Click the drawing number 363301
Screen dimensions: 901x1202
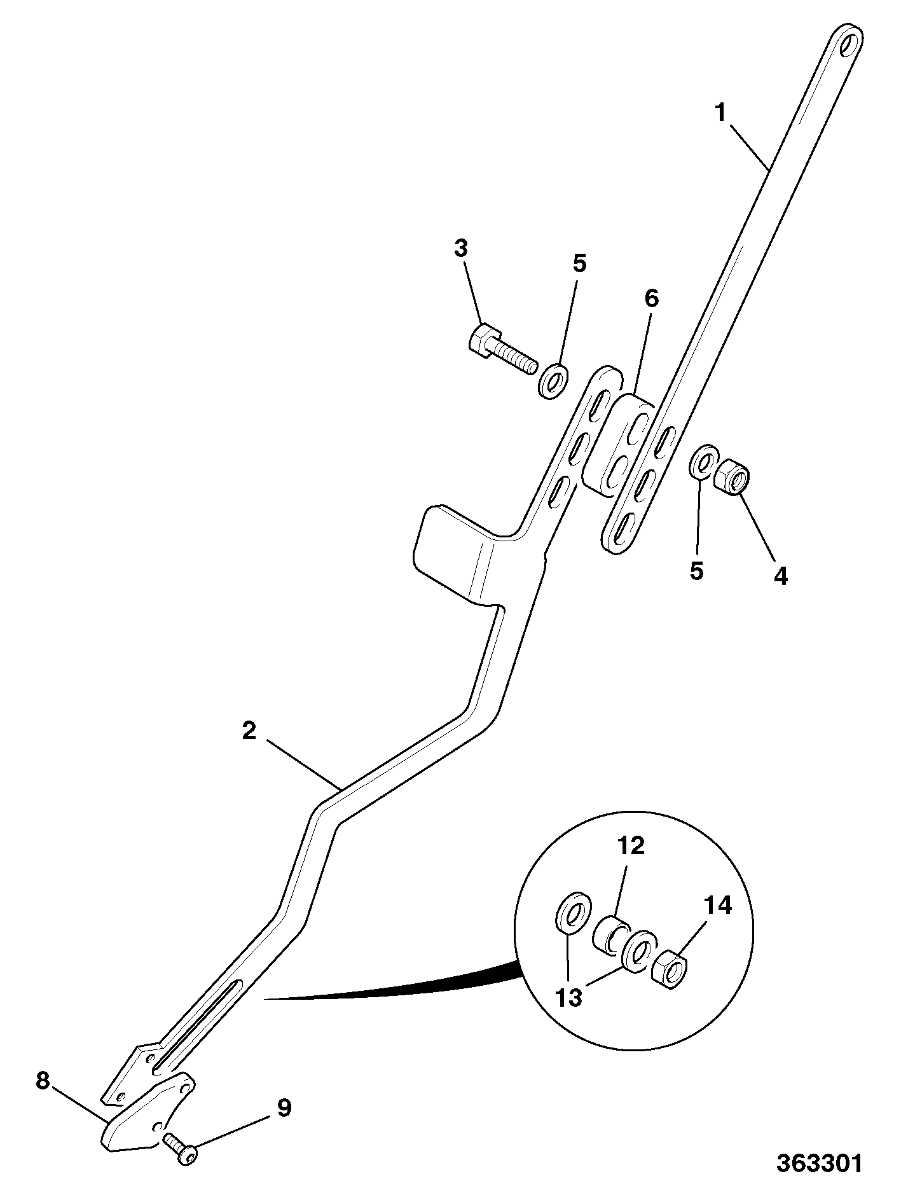click(819, 1163)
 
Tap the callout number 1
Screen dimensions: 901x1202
click(720, 113)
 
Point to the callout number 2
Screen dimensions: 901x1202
click(249, 731)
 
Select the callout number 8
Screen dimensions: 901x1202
click(43, 1081)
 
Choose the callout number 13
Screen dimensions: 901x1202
click(568, 997)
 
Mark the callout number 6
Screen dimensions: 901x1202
click(652, 299)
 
